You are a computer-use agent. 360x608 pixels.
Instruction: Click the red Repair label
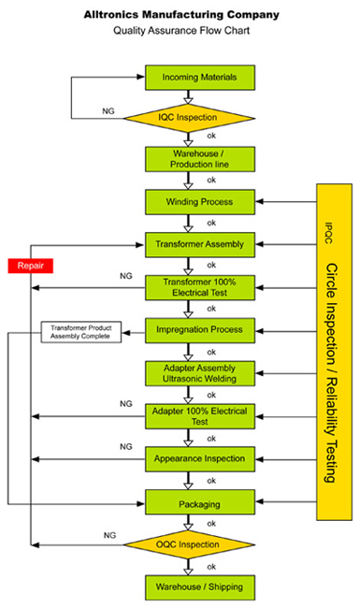click(29, 266)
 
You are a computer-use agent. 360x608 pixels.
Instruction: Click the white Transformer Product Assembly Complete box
click(80, 332)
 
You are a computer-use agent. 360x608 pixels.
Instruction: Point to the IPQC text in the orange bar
click(328, 227)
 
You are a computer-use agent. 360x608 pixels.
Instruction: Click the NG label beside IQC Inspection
click(108, 110)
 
